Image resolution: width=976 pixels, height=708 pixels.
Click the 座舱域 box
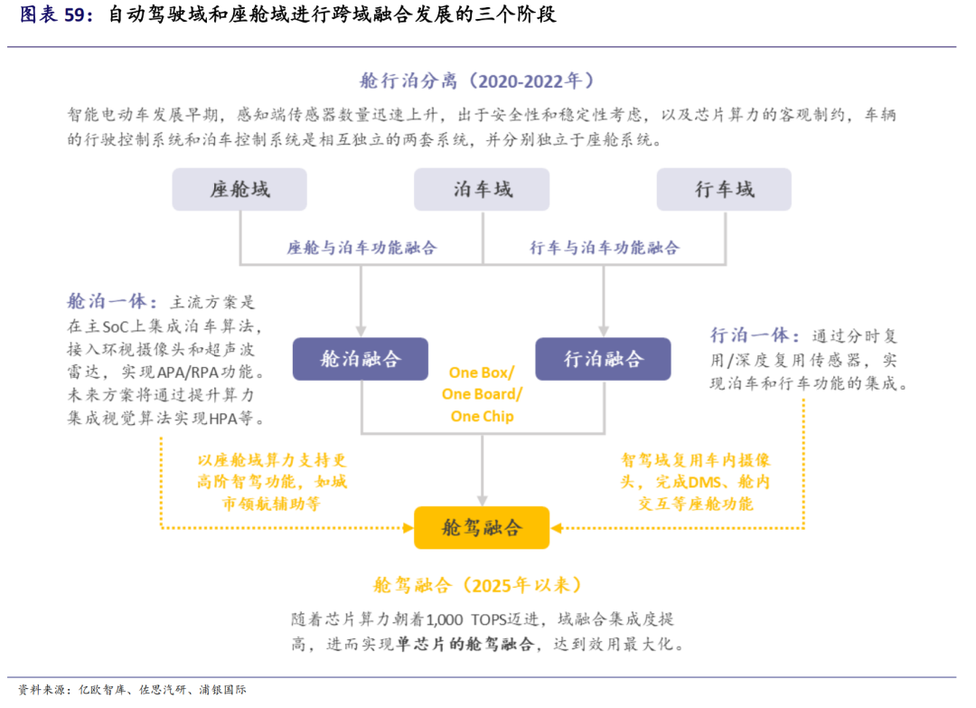239,189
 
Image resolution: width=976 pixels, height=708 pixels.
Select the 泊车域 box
482,189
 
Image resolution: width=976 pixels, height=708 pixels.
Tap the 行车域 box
724,189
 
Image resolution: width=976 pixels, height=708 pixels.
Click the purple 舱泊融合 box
361,359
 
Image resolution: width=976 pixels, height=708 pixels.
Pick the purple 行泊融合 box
603,359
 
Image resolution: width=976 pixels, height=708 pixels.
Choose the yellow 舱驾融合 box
482,527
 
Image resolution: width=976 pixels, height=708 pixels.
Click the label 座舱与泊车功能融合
361,248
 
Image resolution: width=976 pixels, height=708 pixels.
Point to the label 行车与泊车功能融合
605,248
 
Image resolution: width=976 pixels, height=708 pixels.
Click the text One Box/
482,373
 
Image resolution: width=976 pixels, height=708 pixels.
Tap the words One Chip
483,416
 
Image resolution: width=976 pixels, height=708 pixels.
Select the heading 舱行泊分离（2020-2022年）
477,81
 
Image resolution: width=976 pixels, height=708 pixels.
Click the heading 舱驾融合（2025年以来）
477,585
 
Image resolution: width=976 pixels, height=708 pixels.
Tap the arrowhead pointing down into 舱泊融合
361,331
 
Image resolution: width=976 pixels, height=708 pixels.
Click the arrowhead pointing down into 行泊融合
603,331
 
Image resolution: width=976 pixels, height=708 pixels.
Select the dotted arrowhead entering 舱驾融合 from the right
557,528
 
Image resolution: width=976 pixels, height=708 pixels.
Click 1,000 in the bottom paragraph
445,619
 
